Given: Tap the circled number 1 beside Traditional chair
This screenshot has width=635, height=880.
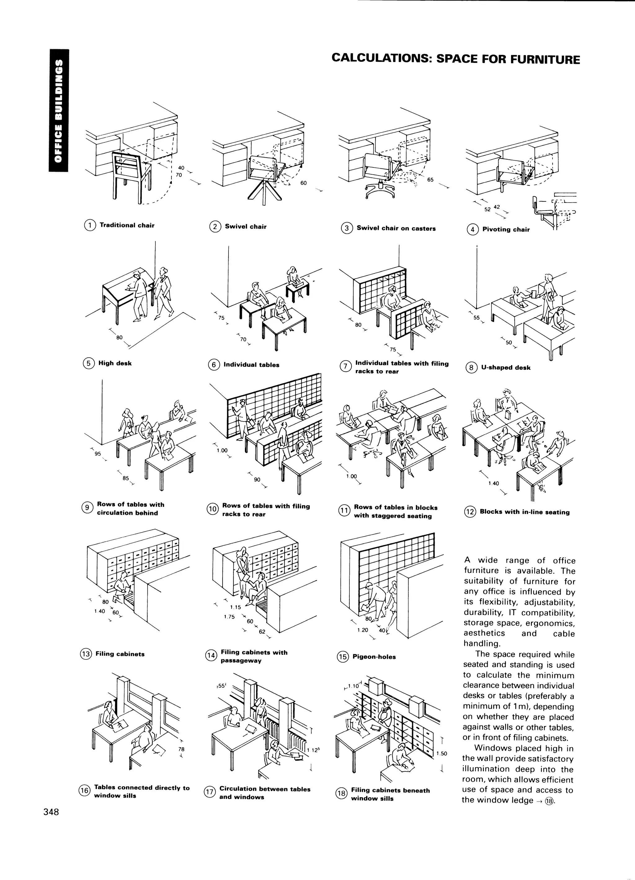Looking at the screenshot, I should point(90,225).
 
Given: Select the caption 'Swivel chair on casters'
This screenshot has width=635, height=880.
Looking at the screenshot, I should point(396,229).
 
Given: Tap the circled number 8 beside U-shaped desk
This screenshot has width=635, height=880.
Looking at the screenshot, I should point(471,368).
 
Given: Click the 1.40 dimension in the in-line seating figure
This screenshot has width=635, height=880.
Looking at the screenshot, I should point(494,484).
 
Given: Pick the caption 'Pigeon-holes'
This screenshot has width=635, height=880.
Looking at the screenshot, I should point(374,657).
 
